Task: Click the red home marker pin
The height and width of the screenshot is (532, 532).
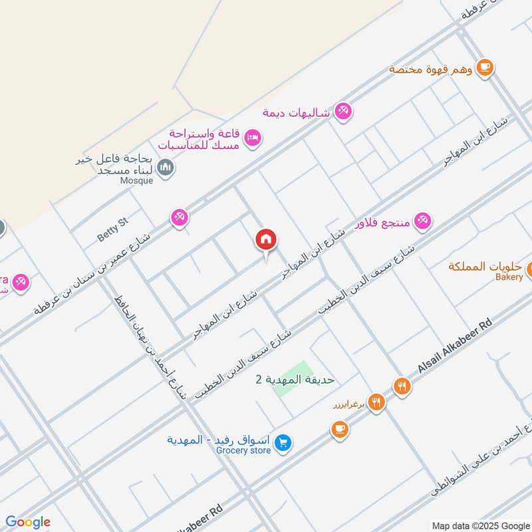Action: (x=266, y=241)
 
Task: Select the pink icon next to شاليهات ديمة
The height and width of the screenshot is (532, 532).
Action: (x=343, y=110)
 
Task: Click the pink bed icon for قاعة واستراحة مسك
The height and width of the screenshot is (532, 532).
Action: (x=253, y=138)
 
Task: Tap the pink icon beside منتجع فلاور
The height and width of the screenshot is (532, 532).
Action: (x=422, y=221)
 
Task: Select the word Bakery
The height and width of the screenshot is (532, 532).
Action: (x=509, y=277)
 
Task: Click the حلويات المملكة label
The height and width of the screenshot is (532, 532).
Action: (x=485, y=266)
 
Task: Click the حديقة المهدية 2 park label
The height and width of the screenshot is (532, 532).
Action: (x=295, y=380)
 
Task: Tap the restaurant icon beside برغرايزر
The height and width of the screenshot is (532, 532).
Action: (x=376, y=402)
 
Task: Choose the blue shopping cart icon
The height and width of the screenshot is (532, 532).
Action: (x=284, y=442)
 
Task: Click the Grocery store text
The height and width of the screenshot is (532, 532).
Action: (x=243, y=451)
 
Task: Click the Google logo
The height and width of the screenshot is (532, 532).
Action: (x=28, y=522)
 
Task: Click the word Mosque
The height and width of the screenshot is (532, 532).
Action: (x=136, y=180)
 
